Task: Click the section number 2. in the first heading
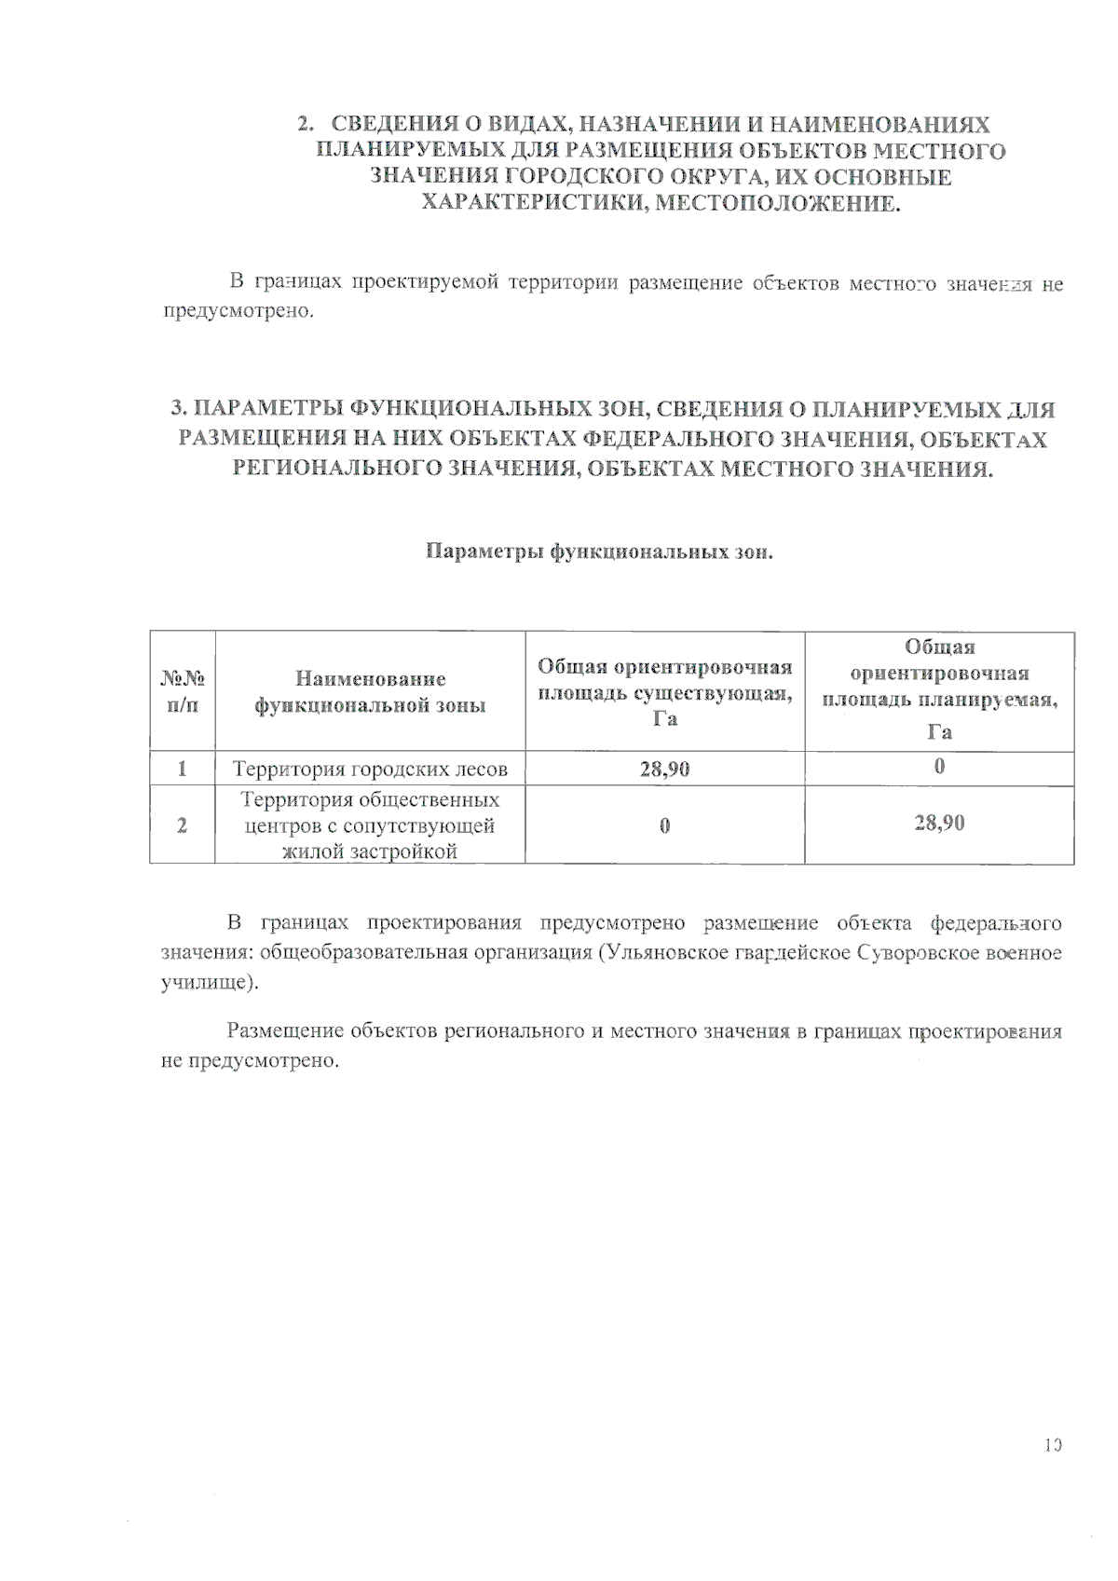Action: click(x=305, y=125)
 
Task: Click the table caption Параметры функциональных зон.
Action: click(x=599, y=552)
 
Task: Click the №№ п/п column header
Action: click(x=183, y=691)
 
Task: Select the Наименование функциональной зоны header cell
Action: click(x=370, y=691)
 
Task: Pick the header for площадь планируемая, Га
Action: click(x=939, y=689)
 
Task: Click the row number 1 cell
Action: click(x=183, y=769)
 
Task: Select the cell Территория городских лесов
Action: click(x=370, y=770)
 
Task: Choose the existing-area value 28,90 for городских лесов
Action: click(x=664, y=770)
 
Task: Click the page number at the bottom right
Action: click(x=1053, y=1446)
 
